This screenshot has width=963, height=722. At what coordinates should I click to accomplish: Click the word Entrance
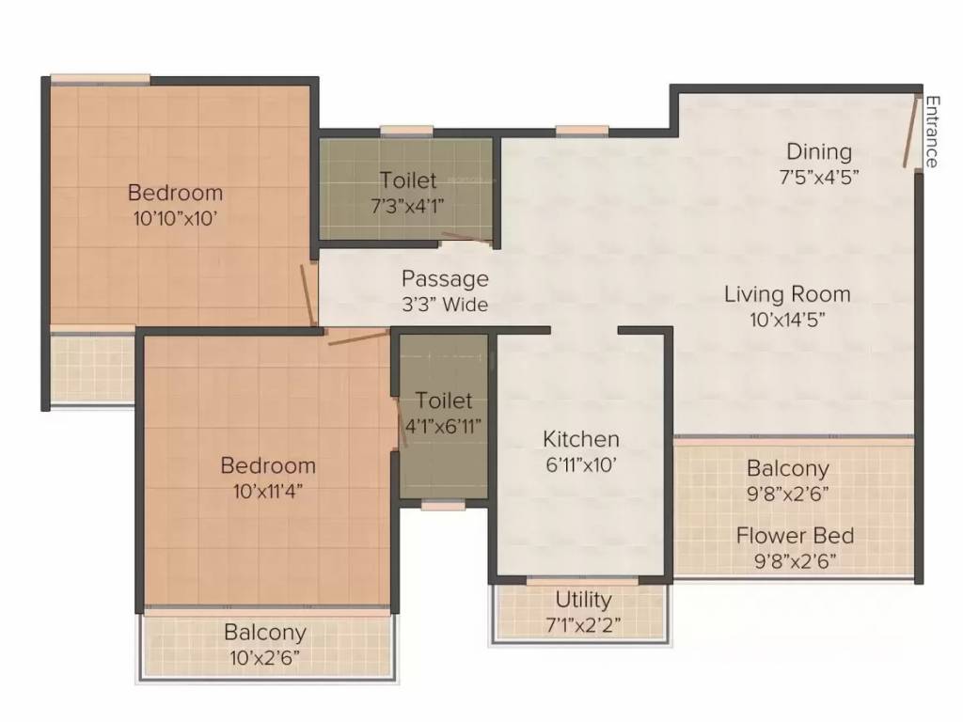point(931,132)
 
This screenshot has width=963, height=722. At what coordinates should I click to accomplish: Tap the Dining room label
point(819,151)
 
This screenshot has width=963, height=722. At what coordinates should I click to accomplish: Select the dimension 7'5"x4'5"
point(819,176)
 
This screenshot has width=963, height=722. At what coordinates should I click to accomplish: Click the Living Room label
point(787,294)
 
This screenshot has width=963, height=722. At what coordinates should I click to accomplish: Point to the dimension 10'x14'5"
point(787,319)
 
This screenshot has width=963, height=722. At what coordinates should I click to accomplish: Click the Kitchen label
point(581,439)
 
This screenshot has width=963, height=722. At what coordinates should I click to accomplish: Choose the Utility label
point(583,600)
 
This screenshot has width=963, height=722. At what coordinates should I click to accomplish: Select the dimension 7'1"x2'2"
point(583,623)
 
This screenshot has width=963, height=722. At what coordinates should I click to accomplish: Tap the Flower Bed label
point(795,536)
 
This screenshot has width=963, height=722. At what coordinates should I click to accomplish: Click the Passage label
point(445,279)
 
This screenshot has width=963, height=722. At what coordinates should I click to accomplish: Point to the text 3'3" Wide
point(445,304)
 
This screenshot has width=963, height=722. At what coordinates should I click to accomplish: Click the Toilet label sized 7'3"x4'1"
point(408,180)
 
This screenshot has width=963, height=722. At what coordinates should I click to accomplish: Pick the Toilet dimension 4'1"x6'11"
point(443,425)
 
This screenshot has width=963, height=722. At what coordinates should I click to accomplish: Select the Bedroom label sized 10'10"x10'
point(175,193)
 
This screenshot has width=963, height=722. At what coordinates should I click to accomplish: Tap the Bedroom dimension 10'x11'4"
point(268,490)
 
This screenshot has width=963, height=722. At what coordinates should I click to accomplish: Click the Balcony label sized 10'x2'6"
point(264,633)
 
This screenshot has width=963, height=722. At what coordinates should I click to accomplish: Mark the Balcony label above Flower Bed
point(788,468)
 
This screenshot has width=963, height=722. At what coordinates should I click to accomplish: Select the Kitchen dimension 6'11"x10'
point(581,463)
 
